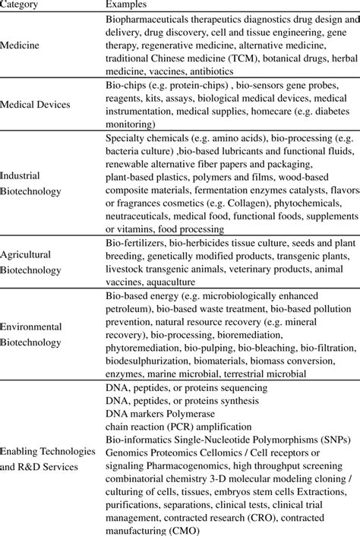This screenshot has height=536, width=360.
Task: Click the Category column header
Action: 23,5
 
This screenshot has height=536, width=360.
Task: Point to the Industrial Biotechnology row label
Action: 30,183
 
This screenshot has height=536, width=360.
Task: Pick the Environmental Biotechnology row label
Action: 31,334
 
